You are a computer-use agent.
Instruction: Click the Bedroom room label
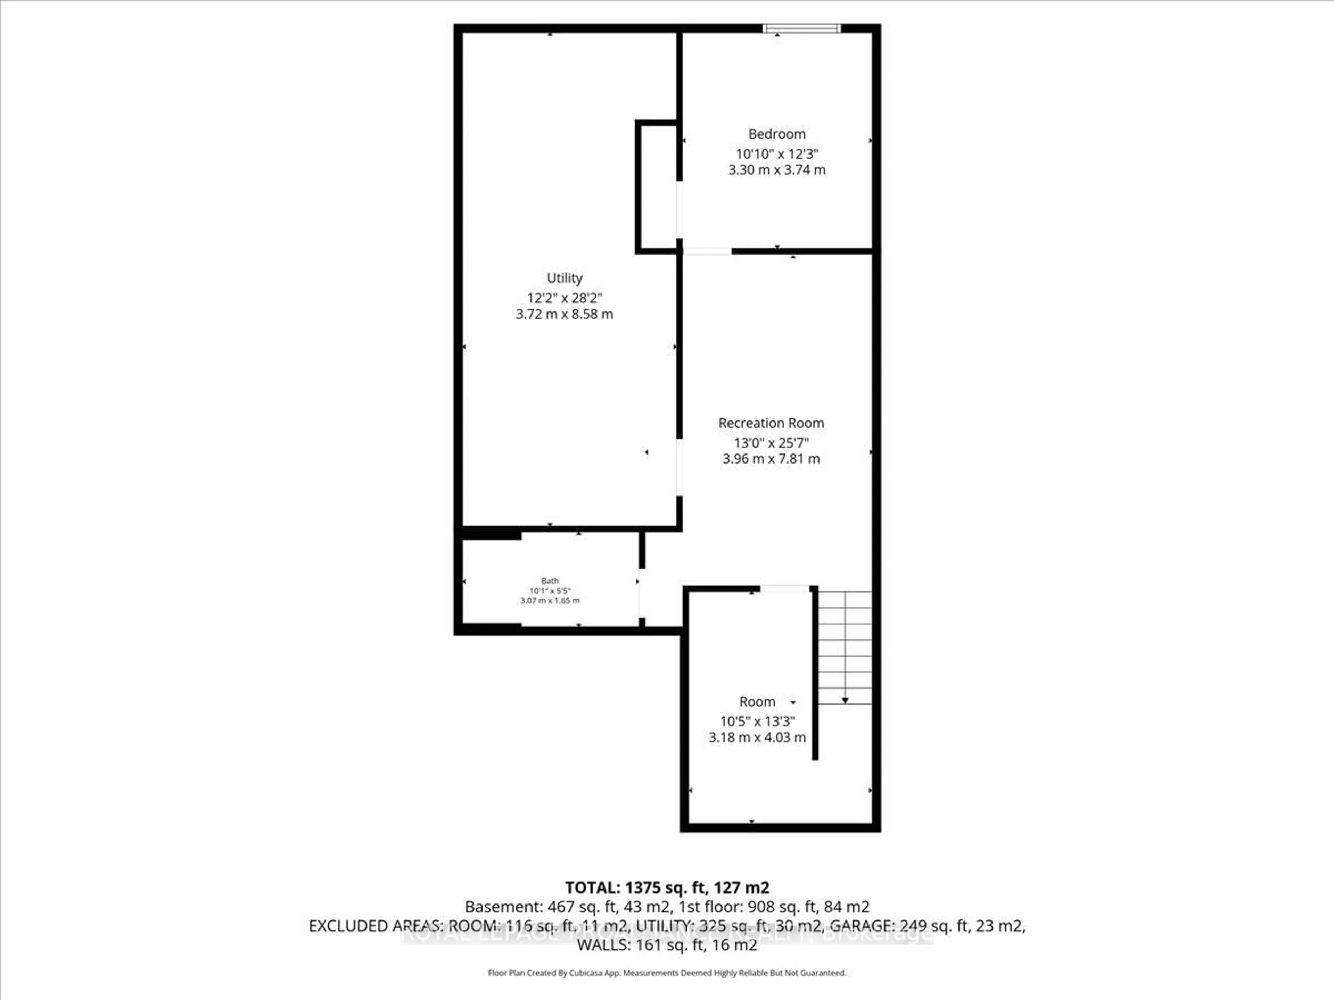tap(777, 134)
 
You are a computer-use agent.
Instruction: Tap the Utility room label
tap(565, 278)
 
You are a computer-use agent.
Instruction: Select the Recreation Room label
tap(771, 423)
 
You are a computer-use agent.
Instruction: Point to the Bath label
tap(549, 581)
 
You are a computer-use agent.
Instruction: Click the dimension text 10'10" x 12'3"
tap(777, 154)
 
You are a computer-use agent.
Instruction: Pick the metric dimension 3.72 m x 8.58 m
tap(565, 314)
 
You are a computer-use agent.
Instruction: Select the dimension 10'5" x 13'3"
tap(757, 721)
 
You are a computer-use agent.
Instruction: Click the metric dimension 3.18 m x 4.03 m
tap(757, 737)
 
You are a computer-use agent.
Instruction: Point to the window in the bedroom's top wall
tap(801, 28)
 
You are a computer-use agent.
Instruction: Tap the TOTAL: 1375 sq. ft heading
tap(667, 887)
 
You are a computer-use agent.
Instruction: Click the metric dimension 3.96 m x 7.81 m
tap(771, 459)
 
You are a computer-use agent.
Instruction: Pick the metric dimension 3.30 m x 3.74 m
tap(777, 170)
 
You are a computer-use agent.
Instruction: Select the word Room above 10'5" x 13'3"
tap(757, 702)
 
